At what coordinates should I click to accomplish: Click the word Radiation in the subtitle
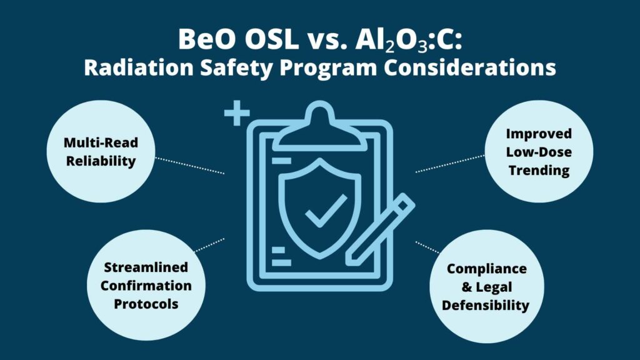138,67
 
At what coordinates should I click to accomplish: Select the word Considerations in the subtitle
469,67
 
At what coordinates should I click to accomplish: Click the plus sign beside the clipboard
237,112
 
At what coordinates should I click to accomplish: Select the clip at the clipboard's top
320,126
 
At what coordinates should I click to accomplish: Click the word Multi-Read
101,142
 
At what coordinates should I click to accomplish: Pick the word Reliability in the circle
101,161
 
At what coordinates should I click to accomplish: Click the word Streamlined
146,267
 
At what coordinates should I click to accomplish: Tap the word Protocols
146,304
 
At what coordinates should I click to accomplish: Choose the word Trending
539,171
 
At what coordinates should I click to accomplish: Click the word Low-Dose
539,152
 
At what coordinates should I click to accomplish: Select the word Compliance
486,269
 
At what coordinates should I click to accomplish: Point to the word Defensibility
485,305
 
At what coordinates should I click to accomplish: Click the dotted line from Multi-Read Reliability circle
190,166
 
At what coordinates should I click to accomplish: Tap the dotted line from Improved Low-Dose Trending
450,164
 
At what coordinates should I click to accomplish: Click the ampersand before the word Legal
467,287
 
